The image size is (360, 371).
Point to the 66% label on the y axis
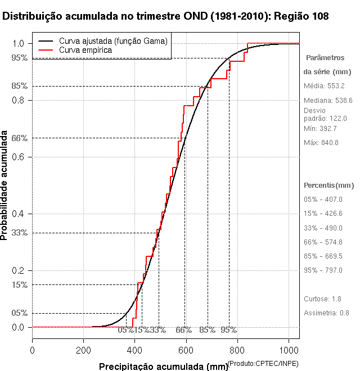20,138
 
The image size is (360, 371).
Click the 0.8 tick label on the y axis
18,100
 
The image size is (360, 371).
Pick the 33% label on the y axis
20,232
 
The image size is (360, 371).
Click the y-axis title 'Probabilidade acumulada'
5,185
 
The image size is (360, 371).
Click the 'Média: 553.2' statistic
324,86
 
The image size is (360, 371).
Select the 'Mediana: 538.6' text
328,101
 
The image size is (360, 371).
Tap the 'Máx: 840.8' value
321,143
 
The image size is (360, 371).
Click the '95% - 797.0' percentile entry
323,270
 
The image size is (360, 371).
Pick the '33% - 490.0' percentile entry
323,228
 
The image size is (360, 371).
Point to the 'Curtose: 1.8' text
322,298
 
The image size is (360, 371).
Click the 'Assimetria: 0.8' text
327,313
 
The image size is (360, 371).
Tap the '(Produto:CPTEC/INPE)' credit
263,363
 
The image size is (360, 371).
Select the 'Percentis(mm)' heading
329,185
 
